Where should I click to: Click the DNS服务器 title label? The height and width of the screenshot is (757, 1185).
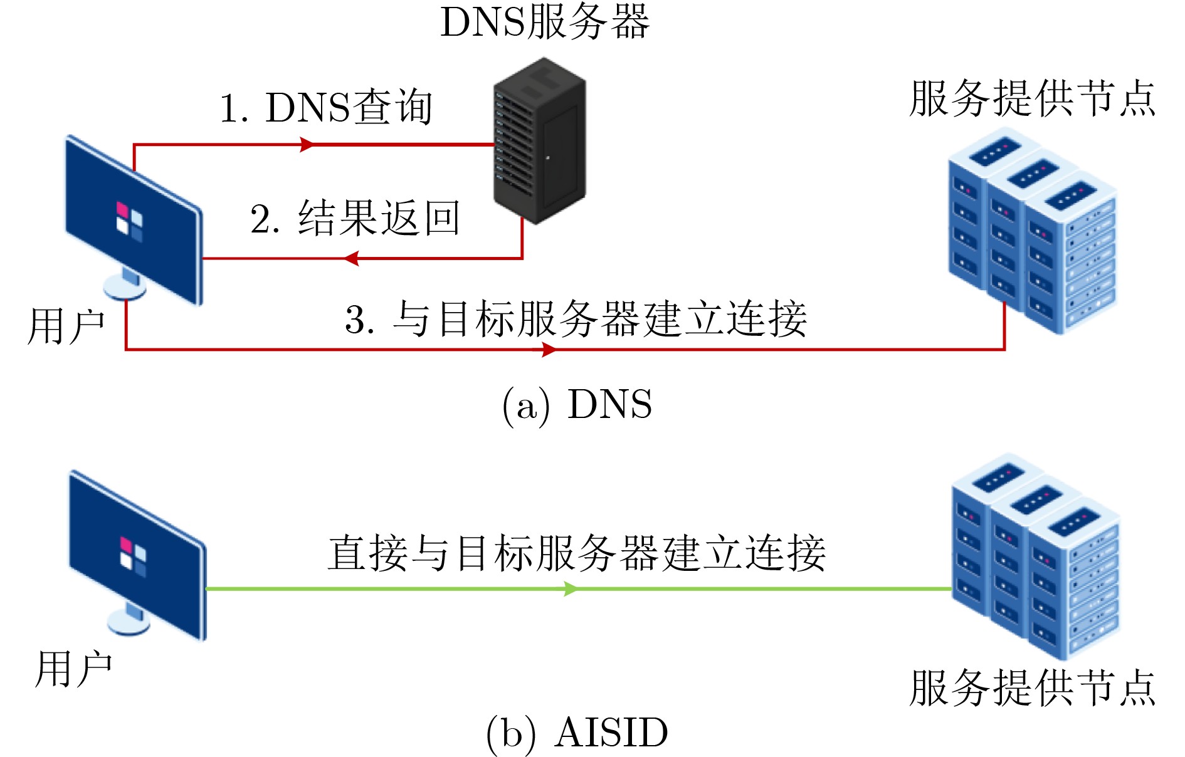click(x=544, y=23)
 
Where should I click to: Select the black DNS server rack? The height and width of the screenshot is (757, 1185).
click(x=540, y=140)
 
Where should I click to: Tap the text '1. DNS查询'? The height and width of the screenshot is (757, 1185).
click(x=326, y=108)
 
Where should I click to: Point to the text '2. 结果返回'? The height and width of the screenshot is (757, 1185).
click(x=355, y=219)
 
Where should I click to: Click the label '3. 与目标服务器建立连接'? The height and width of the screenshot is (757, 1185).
click(x=576, y=319)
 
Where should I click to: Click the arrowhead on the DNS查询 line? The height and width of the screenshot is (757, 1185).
click(x=307, y=145)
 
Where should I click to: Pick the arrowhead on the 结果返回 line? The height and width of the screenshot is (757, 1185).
click(x=352, y=258)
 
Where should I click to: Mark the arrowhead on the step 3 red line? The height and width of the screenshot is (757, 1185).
click(x=548, y=350)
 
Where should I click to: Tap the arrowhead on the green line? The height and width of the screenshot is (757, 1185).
click(x=570, y=589)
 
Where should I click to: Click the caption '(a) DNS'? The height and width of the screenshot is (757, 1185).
click(x=577, y=404)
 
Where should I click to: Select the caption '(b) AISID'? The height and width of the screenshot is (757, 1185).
click(x=577, y=733)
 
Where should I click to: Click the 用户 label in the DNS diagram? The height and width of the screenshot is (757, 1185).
click(x=66, y=326)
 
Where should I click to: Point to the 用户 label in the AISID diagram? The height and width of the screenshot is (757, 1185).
click(x=73, y=669)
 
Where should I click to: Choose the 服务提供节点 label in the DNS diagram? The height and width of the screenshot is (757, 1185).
click(x=1032, y=99)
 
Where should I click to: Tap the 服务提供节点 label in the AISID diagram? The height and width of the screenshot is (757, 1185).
click(x=1032, y=688)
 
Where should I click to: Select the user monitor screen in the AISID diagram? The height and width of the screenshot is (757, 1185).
click(x=137, y=555)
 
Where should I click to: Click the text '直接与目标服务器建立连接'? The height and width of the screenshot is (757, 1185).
click(x=577, y=554)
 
